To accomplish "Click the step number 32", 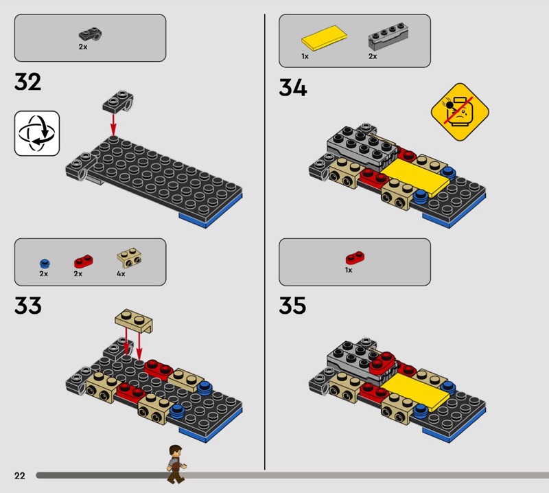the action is [27, 82].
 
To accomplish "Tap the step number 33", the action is [28, 305].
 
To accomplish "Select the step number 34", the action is [293, 87].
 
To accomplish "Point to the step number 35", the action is [292, 305].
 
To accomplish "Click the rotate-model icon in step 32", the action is [37, 133].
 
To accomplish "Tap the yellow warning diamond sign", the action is [460, 112].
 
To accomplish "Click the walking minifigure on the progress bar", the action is [176, 464].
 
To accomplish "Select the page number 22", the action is [20, 475].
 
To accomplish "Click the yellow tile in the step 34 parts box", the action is [324, 38].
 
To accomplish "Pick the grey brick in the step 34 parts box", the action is [388, 36].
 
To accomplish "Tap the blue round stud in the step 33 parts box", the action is [45, 264].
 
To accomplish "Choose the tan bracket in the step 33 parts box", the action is [129, 258].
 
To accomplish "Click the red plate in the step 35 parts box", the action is [355, 257].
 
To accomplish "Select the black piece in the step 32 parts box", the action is [90, 34].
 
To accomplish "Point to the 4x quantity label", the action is [121, 274].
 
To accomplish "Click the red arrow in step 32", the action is [113, 124].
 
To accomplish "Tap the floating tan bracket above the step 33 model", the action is [134, 320].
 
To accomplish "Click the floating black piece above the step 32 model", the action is [118, 102].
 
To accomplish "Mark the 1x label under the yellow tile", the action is [305, 56].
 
